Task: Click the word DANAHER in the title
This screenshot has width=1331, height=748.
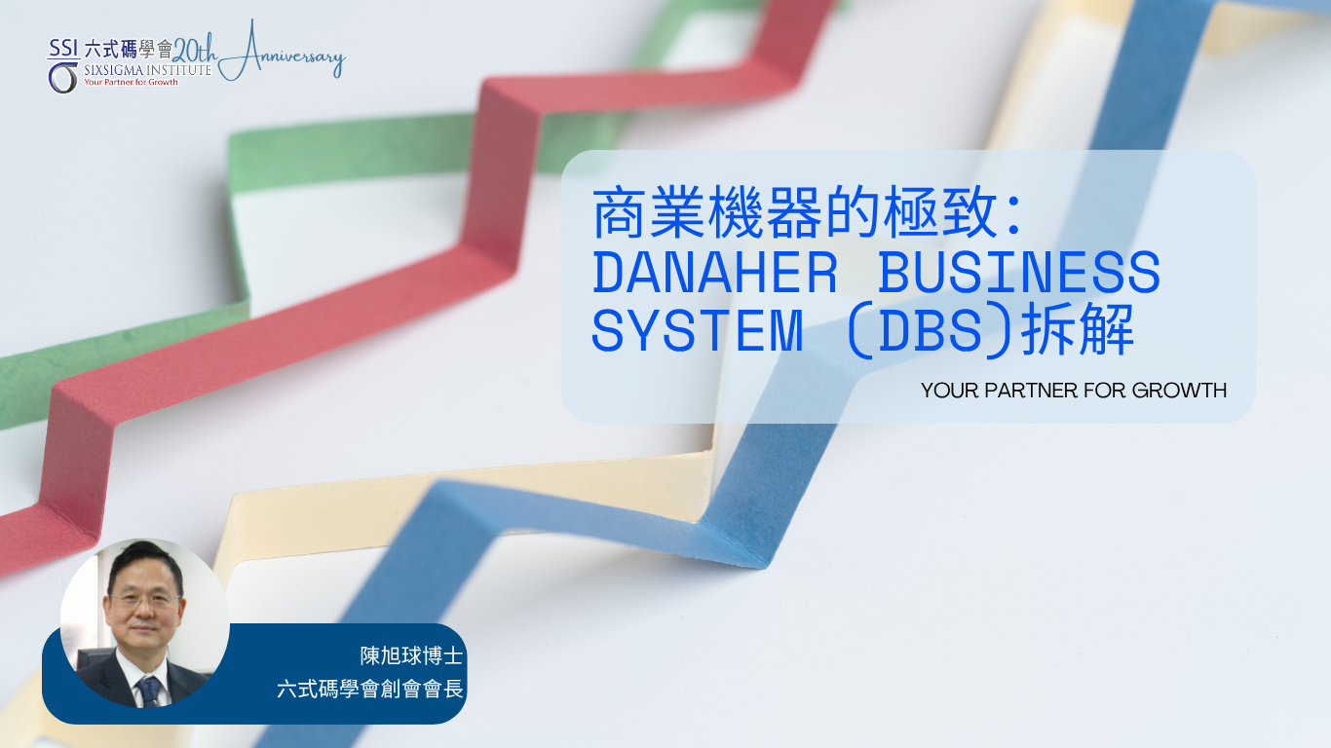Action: pyautogui.click(x=715, y=272)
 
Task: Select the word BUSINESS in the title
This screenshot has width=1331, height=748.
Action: pyautogui.click(x=1019, y=272)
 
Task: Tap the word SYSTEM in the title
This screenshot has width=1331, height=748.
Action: pyautogui.click(x=698, y=330)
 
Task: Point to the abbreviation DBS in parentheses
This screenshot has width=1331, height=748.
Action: pyautogui.click(x=930, y=330)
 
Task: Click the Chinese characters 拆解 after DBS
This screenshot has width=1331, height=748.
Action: pyautogui.click(x=1078, y=329)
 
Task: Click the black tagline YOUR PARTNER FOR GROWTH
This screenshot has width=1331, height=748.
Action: pyautogui.click(x=1074, y=391)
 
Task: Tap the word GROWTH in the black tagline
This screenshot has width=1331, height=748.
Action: pyautogui.click(x=1179, y=391)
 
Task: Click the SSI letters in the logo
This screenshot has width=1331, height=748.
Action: pyautogui.click(x=63, y=48)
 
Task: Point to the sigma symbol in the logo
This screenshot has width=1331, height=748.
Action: pyautogui.click(x=63, y=78)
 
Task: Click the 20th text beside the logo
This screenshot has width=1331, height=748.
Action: pyautogui.click(x=194, y=52)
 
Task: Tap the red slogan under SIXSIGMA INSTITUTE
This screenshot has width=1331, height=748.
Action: pyautogui.click(x=131, y=82)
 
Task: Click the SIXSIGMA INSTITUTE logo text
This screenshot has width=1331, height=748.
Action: pyautogui.click(x=147, y=69)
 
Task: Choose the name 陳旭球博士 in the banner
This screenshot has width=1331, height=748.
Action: pyautogui.click(x=411, y=655)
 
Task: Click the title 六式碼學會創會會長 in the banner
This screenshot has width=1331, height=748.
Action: pyautogui.click(x=369, y=690)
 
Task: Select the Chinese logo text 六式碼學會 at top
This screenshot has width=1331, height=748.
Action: pyautogui.click(x=128, y=50)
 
